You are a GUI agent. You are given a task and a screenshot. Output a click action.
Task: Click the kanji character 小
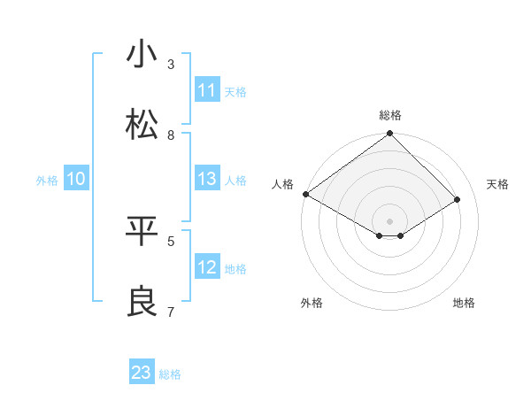tap(142, 55)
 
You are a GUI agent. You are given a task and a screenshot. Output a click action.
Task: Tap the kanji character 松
tap(142, 125)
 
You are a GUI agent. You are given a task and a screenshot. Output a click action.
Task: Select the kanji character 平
tap(142, 231)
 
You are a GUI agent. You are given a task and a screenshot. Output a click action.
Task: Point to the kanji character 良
tap(142, 302)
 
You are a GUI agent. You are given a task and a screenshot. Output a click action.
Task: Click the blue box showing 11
tap(206, 90)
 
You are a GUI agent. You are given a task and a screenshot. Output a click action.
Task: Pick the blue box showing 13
tap(206, 179)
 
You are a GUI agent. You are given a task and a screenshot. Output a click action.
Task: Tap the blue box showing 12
tap(206, 267)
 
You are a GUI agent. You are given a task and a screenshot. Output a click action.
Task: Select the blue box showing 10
tap(75, 179)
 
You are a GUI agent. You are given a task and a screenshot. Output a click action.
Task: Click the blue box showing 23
tap(142, 373)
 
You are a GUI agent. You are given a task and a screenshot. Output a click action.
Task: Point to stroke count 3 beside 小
tap(171, 64)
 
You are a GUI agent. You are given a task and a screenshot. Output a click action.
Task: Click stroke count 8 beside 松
tap(171, 135)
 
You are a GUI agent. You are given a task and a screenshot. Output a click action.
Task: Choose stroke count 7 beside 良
tap(171, 312)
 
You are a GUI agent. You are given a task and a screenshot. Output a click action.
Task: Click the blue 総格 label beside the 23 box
tap(170, 374)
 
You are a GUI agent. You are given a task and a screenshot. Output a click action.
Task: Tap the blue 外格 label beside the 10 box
tap(47, 181)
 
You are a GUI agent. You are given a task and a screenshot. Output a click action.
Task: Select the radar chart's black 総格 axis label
tap(390, 115)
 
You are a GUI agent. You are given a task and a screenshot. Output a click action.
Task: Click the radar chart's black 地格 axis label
tap(464, 303)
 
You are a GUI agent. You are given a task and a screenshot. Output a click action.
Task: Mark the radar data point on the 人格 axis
tap(305, 194)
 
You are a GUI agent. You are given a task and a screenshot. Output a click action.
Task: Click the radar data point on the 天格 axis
tap(458, 199)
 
